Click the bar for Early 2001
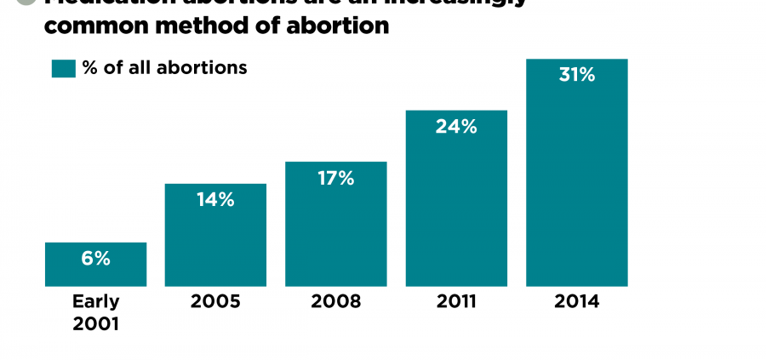pyautogui.click(x=95, y=271)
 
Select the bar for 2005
pyautogui.click(x=215, y=243)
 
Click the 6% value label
pyautogui.click(x=96, y=259)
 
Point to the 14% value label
pyautogui.click(x=215, y=200)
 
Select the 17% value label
pyautogui.click(x=335, y=179)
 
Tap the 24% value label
pyautogui.click(x=456, y=127)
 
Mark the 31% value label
pyautogui.click(x=576, y=75)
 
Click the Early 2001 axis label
pyautogui.click(x=95, y=312)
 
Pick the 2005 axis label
pyautogui.click(x=216, y=302)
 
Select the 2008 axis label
pyautogui.click(x=336, y=302)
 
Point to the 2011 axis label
pyautogui.click(x=456, y=302)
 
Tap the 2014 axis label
pyautogui.click(x=576, y=302)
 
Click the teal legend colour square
pyautogui.click(x=64, y=68)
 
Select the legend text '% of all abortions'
pyautogui.click(x=165, y=68)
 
